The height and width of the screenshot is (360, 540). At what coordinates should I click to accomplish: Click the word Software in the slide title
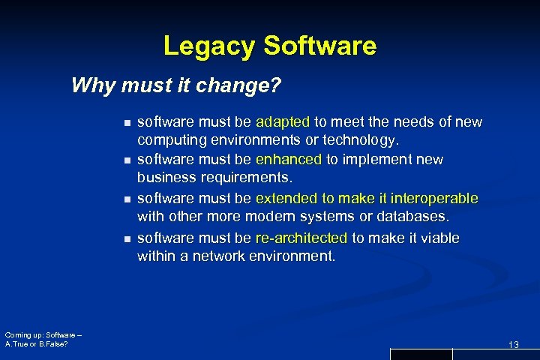[x=319, y=46]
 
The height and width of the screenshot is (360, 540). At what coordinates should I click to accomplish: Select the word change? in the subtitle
[x=247, y=86]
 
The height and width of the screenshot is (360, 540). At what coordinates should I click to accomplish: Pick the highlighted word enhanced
[x=289, y=160]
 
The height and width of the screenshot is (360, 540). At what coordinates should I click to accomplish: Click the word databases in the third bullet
[x=414, y=217]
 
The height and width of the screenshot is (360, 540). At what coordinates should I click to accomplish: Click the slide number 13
[x=514, y=344]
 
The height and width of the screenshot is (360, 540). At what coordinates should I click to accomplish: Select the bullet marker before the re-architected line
[x=128, y=238]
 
